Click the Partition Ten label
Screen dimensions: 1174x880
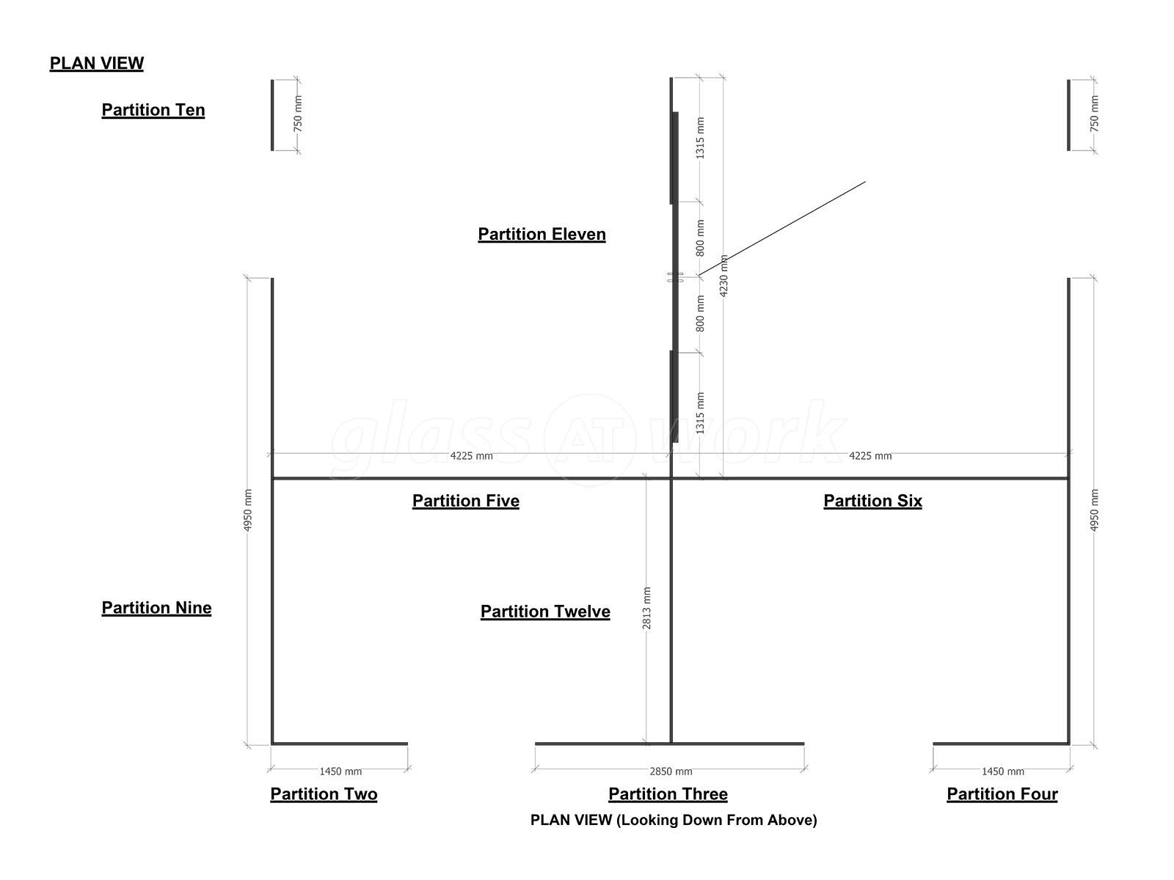pyautogui.click(x=153, y=110)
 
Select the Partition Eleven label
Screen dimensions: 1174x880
pyautogui.click(x=542, y=234)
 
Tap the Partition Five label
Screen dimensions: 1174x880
pyautogui.click(x=466, y=501)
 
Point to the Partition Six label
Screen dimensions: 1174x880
pyautogui.click(x=873, y=501)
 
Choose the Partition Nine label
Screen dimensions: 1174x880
pyautogui.click(x=157, y=607)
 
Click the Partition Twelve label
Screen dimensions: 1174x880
pyautogui.click(x=545, y=612)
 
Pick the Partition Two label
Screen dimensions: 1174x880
pyautogui.click(x=324, y=794)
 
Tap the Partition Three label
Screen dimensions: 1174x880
pyautogui.click(x=668, y=794)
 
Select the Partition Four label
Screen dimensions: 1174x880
pyautogui.click(x=1002, y=794)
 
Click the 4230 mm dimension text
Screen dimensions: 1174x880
pyautogui.click(x=723, y=276)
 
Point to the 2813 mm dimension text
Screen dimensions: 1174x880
pyautogui.click(x=646, y=608)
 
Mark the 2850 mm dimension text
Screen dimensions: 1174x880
pyautogui.click(x=671, y=771)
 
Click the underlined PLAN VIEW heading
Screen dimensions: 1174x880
pyautogui.click(x=97, y=64)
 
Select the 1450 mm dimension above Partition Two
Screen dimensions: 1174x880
pyautogui.click(x=340, y=771)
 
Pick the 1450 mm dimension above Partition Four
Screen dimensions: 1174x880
pyautogui.click(x=1003, y=771)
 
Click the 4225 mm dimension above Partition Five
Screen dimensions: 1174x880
pyautogui.click(x=471, y=455)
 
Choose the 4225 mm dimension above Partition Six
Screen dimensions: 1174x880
pyautogui.click(x=870, y=455)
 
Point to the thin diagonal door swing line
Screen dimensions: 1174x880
pyautogui.click(x=782, y=228)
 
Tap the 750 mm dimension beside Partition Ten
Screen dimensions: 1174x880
pyautogui.click(x=298, y=114)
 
